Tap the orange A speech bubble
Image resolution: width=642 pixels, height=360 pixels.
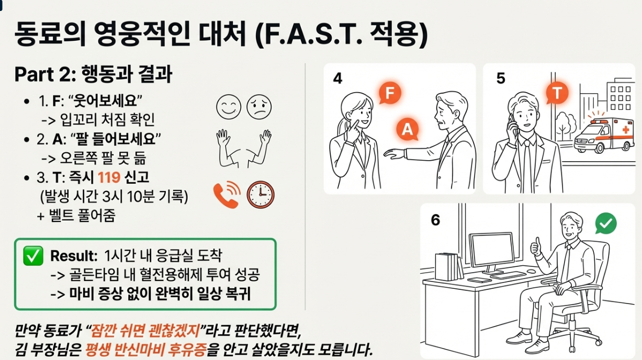pyautogui.click(x=407, y=129)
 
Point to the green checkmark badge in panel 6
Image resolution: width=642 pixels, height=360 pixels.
pyautogui.click(x=606, y=224)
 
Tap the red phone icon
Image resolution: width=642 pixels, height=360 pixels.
pyautogui.click(x=226, y=195)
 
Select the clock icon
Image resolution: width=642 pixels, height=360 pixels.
pyautogui.click(x=261, y=195)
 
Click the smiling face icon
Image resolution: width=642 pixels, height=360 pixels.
pyautogui.click(x=228, y=107)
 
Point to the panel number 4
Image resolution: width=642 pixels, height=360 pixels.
pyautogui.click(x=337, y=78)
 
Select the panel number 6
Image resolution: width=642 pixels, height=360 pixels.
pyautogui.click(x=435, y=220)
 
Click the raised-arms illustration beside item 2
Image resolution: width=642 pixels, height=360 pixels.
pyautogui.click(x=244, y=148)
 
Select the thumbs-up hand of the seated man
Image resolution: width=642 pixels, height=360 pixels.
pyautogui.click(x=536, y=246)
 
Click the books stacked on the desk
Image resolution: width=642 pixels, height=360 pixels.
pyautogui.click(x=448, y=266)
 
